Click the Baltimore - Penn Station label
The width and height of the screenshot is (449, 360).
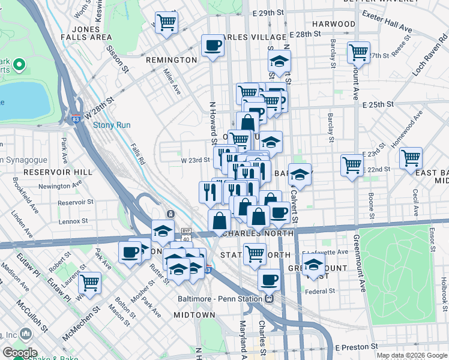click(x=221, y=298)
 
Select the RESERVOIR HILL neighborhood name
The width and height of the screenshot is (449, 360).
click(x=58, y=172)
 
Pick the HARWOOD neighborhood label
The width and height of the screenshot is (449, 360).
click(x=334, y=24)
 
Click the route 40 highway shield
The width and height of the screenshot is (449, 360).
click(x=186, y=239)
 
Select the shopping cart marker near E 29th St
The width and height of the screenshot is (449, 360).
click(x=167, y=23)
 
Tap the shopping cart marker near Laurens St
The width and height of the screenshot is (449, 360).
click(x=89, y=281)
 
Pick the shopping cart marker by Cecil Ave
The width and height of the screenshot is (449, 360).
click(x=411, y=158)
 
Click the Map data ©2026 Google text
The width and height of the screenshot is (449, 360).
click(x=412, y=355)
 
